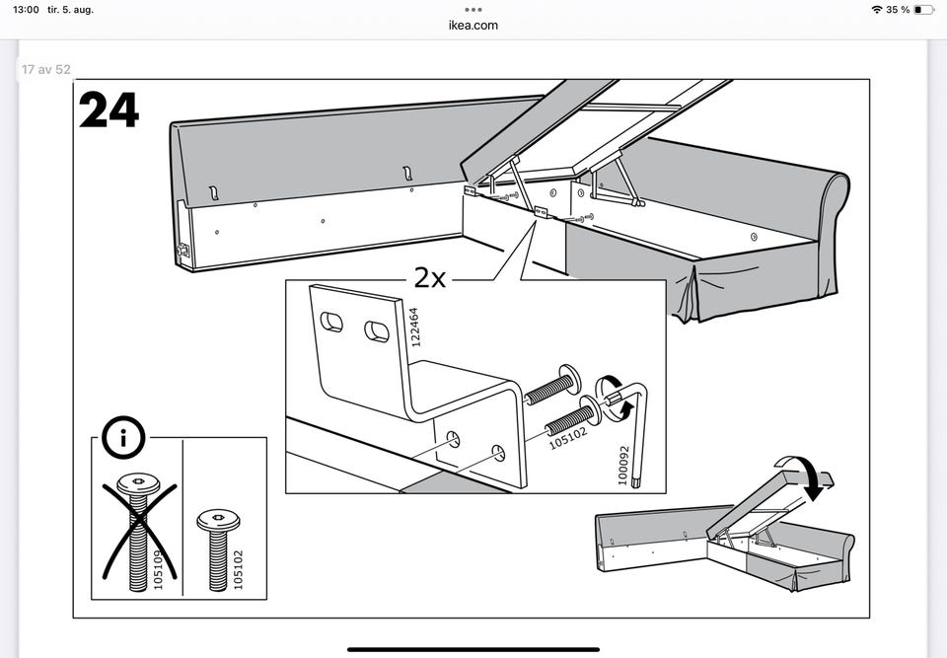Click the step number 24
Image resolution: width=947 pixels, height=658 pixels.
point(109,110)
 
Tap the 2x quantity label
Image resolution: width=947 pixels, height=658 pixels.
point(430,277)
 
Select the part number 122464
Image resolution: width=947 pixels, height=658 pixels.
point(414,327)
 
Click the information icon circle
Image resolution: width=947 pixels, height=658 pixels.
point(122,438)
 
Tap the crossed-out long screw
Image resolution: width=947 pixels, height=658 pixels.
point(137,528)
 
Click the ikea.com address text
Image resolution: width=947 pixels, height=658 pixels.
point(473,25)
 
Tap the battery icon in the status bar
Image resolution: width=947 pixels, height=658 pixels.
point(922,10)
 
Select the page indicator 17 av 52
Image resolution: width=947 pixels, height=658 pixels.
point(45,71)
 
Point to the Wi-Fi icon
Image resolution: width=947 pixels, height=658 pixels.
point(877,10)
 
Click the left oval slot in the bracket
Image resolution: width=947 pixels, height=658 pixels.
point(332,321)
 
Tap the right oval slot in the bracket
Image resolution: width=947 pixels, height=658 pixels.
point(376,331)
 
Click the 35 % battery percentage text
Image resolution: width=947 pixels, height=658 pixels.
point(897,10)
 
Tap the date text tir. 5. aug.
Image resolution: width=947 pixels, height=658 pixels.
point(77,10)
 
